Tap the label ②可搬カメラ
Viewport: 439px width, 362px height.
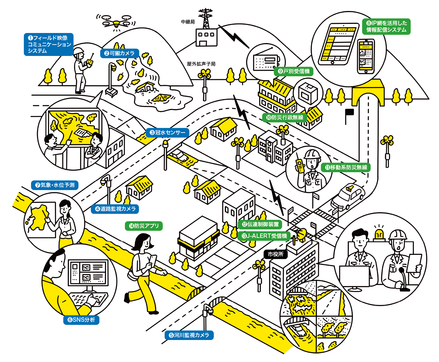[119, 53]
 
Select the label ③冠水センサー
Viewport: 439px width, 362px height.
[168, 133]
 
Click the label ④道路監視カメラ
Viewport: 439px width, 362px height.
[115, 209]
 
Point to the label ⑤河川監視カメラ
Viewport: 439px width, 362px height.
[189, 335]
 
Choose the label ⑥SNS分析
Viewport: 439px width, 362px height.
[81, 320]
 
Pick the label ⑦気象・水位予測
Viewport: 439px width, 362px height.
[55, 185]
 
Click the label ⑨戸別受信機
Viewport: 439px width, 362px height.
[294, 71]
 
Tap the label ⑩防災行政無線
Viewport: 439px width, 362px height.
[285, 118]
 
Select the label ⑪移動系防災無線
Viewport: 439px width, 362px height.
[346, 167]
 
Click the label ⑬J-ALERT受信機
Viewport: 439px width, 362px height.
[264, 236]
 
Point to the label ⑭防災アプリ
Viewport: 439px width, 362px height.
[144, 226]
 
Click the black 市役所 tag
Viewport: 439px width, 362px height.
[276, 254]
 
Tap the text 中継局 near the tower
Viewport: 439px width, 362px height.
[188, 22]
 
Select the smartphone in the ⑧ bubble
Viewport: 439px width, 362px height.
[366, 56]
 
